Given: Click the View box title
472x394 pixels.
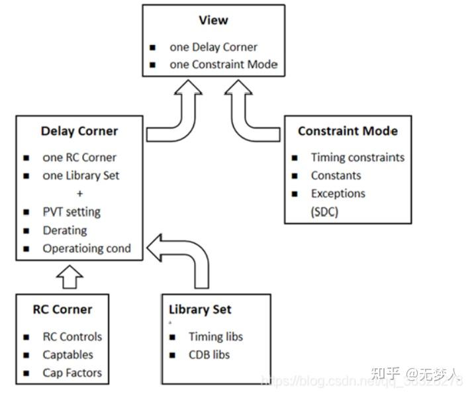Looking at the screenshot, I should point(212,21).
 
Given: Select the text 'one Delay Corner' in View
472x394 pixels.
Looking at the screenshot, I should point(213,47).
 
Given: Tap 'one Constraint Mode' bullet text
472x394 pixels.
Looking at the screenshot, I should point(223,65).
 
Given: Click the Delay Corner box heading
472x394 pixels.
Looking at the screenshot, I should point(79,131).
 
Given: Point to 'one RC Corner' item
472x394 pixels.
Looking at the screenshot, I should point(79,158).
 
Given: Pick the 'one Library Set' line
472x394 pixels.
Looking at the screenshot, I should point(81,176).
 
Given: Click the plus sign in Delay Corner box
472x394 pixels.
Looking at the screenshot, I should point(79,194).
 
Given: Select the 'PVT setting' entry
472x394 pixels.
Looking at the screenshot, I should point(71,212).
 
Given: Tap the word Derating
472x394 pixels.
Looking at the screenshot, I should point(65,230).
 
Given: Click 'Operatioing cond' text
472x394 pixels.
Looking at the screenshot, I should point(87,248).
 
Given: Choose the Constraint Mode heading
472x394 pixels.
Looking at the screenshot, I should point(348,131).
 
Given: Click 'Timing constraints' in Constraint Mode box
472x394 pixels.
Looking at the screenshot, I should point(357,158).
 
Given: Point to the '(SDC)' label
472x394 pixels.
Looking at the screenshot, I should point(324,213).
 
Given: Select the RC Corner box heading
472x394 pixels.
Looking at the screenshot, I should point(63,309).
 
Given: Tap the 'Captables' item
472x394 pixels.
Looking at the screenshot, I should point(68,355).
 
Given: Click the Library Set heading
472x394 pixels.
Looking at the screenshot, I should point(200,310).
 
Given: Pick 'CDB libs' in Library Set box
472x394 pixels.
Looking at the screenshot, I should point(209,355).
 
